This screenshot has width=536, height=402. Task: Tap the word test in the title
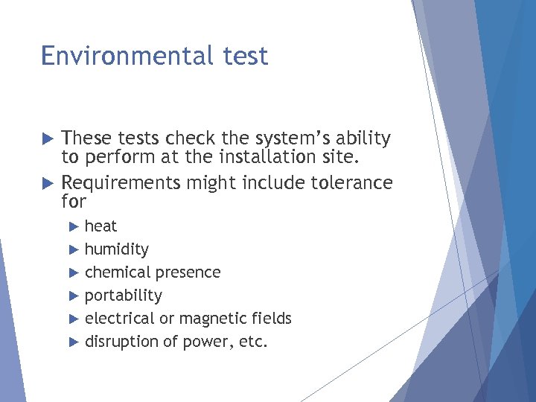point(244,56)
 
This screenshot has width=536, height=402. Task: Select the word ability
point(362,139)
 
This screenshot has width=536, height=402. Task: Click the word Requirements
point(122,183)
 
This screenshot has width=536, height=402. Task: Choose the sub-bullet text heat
point(100,226)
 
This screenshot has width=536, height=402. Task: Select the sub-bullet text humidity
point(116,249)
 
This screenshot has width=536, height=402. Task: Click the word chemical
point(116,272)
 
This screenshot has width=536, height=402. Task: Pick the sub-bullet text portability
point(123,296)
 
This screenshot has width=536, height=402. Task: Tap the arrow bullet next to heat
point(73,226)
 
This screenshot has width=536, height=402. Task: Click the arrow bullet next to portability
point(73,296)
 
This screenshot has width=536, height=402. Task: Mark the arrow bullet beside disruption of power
point(73,342)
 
